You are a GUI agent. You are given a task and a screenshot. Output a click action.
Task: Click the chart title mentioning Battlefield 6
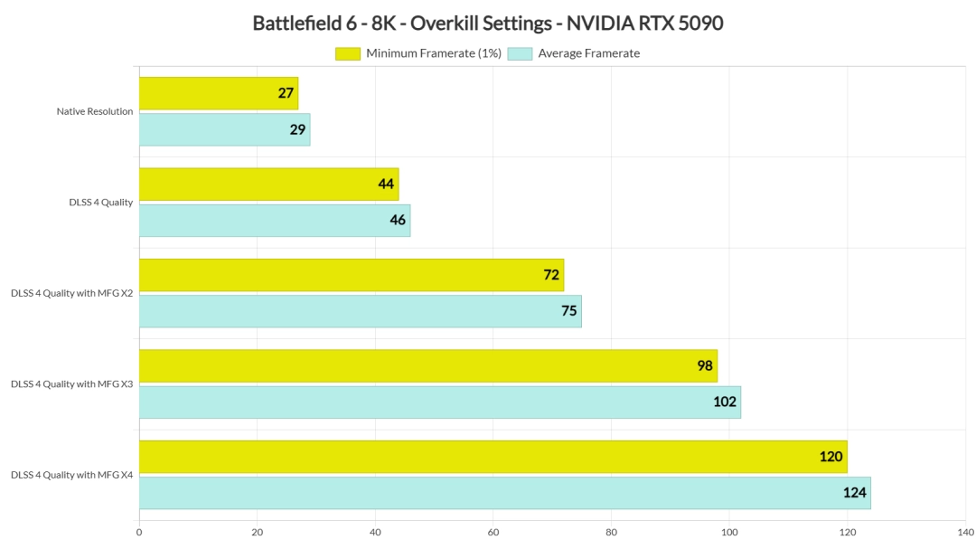click(x=488, y=24)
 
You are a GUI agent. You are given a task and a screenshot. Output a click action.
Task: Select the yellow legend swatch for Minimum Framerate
click(x=347, y=53)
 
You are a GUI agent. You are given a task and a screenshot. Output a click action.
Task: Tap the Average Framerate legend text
click(x=588, y=53)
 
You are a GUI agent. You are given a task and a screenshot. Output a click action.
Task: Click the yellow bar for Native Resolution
click(x=218, y=93)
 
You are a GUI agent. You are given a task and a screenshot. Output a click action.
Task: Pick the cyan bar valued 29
click(x=224, y=129)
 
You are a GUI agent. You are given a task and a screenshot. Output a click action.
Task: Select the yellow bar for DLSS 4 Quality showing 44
click(x=268, y=185)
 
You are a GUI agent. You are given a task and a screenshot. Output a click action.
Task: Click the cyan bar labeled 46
click(x=274, y=221)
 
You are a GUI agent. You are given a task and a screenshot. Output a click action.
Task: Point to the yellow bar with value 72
click(x=351, y=275)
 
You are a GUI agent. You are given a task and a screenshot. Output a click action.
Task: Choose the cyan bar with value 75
click(x=360, y=311)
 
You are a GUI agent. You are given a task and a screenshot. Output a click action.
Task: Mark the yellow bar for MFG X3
click(x=427, y=366)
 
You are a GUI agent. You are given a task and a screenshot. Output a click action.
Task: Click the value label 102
click(x=725, y=402)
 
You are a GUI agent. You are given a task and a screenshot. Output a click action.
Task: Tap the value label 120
click(x=831, y=457)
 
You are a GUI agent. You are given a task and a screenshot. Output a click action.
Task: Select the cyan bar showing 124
click(x=504, y=493)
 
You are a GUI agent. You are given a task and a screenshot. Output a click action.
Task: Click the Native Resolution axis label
click(x=95, y=112)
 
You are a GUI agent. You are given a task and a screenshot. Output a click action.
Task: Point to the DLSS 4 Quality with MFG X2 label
click(x=72, y=293)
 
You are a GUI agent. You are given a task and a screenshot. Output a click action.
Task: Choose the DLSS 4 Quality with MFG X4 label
click(x=72, y=475)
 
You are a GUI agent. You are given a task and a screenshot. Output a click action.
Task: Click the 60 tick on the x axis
click(x=493, y=533)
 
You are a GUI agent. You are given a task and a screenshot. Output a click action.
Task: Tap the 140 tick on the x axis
click(x=964, y=533)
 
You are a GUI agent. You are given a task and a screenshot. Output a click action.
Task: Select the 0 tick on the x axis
click(x=139, y=533)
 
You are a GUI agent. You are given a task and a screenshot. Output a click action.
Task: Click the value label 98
click(x=705, y=366)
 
